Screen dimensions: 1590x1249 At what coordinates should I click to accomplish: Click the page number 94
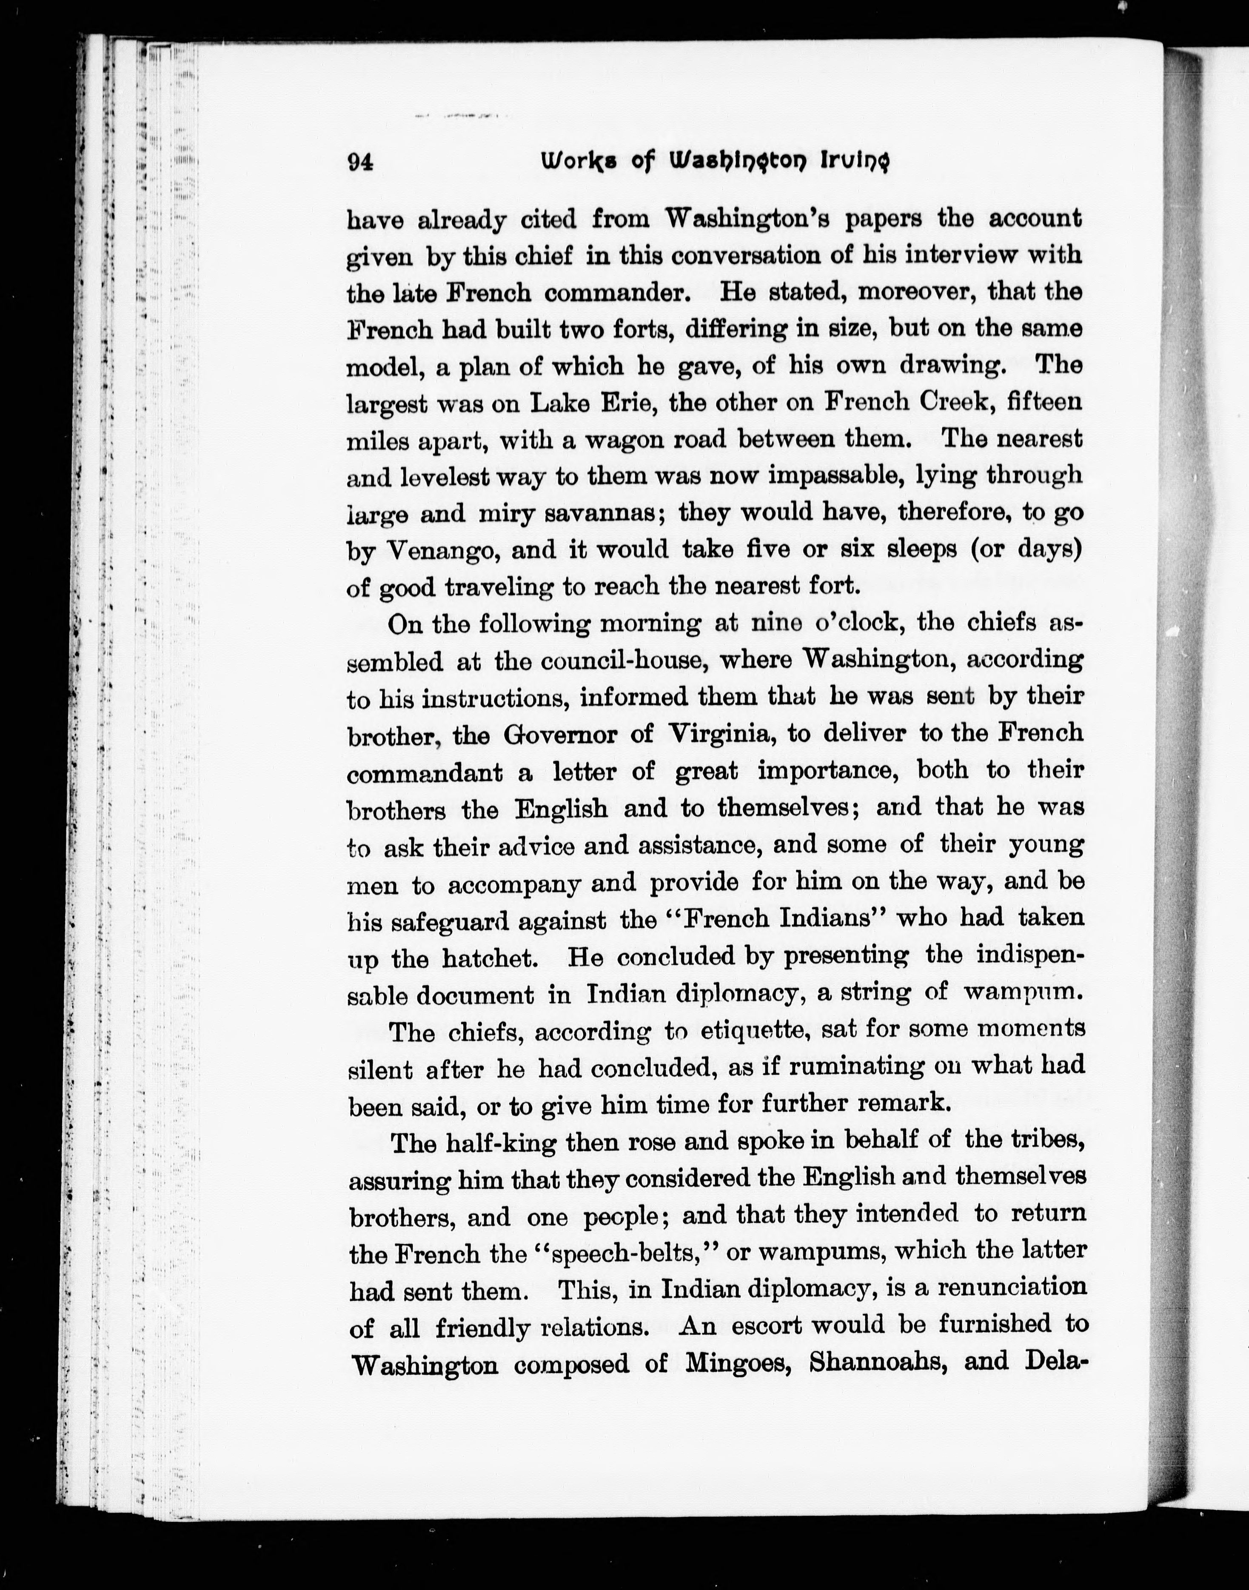[360, 163]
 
